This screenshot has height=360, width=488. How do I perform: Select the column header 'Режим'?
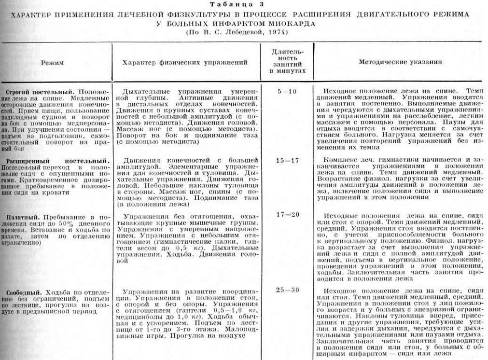[x=52, y=63]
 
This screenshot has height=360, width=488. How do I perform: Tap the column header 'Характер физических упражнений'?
[x=185, y=63]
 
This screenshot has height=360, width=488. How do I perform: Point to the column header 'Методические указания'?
[x=400, y=62]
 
